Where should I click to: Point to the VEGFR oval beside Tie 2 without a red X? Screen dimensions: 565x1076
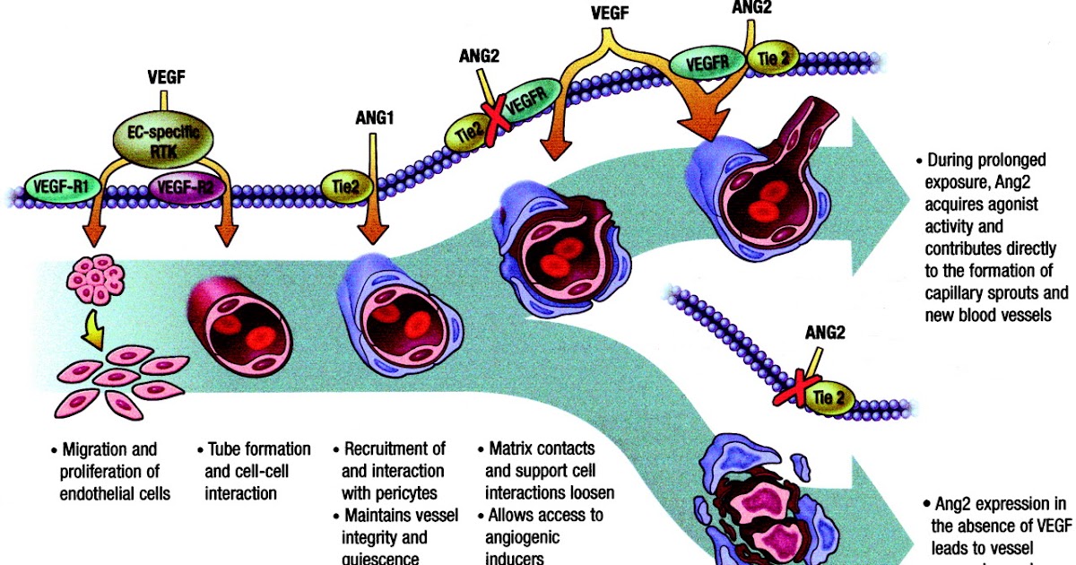coord(707,64)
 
